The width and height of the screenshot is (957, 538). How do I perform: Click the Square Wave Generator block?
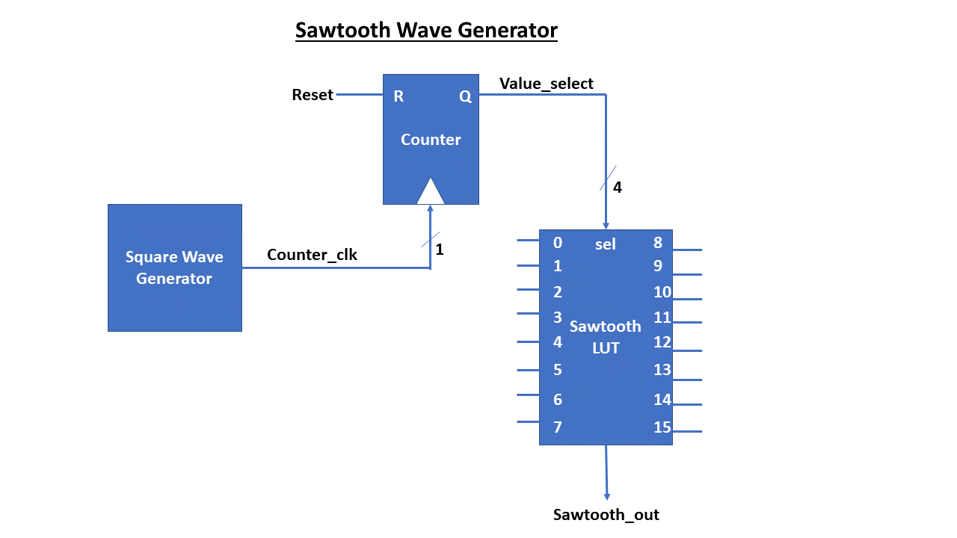174,268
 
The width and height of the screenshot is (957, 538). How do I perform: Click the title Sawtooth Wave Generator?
426,31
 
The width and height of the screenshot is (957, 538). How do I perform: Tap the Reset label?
313,95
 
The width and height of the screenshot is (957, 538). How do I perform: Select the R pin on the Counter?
399,96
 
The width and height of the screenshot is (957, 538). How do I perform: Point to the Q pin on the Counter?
465,96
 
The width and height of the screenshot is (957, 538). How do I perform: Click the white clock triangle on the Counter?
431,192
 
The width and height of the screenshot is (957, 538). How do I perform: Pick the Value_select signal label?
546,83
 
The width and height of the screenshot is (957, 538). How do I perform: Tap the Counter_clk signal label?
312,255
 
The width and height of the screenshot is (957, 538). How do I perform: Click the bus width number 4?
617,188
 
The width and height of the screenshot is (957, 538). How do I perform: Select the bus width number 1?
440,250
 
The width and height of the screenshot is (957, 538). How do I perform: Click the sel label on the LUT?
605,244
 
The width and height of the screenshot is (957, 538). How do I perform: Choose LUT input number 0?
558,243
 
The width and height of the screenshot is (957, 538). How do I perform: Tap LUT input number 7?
558,427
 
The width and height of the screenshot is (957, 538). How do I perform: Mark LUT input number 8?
658,243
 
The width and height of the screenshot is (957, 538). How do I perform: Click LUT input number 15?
662,427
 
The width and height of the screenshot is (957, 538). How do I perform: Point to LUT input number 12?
662,342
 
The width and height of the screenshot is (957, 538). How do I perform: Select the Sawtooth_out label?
606,515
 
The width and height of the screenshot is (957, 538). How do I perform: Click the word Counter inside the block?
431,140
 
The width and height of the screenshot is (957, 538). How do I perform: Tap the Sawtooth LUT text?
606,337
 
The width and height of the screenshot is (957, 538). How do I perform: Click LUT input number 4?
558,342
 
